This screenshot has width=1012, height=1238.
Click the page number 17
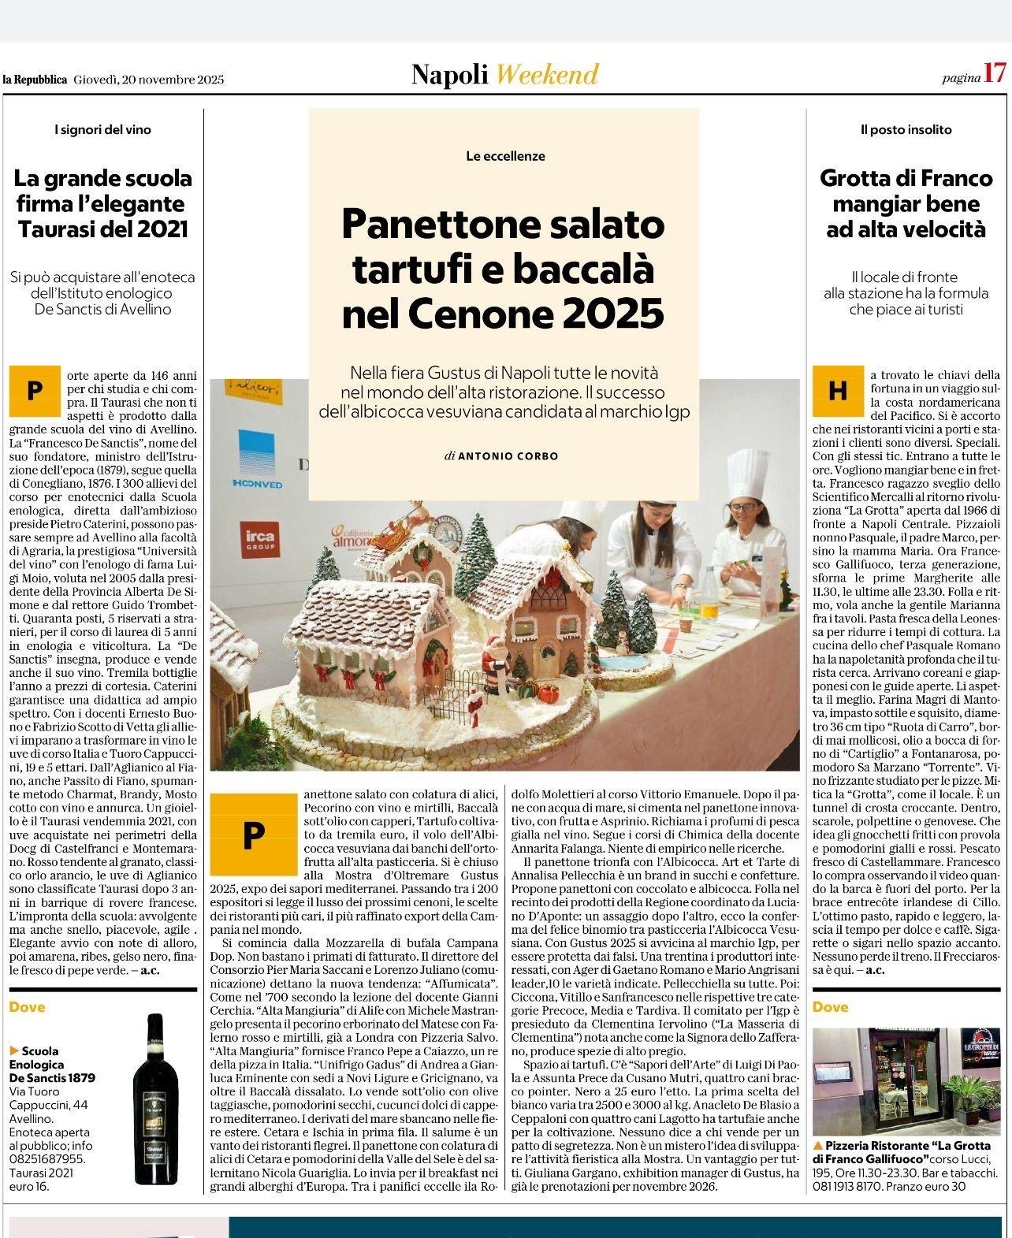click(995, 74)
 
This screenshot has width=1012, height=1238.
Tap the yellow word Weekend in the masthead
click(548, 75)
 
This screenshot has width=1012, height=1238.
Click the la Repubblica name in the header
click(35, 80)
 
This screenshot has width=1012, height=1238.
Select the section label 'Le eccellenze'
click(505, 156)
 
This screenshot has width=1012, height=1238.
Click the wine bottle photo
click(155, 1099)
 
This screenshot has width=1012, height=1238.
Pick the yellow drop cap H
click(837, 391)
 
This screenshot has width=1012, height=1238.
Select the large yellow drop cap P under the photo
click(252, 834)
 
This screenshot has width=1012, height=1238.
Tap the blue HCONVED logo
click(257, 461)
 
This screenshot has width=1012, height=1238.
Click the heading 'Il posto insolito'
click(906, 129)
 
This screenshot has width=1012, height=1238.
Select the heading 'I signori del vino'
click(102, 129)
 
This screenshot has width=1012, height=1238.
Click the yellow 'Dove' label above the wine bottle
click(28, 1007)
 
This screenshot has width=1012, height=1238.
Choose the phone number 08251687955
click(47, 1159)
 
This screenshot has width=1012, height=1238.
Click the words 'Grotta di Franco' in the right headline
click(906, 178)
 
